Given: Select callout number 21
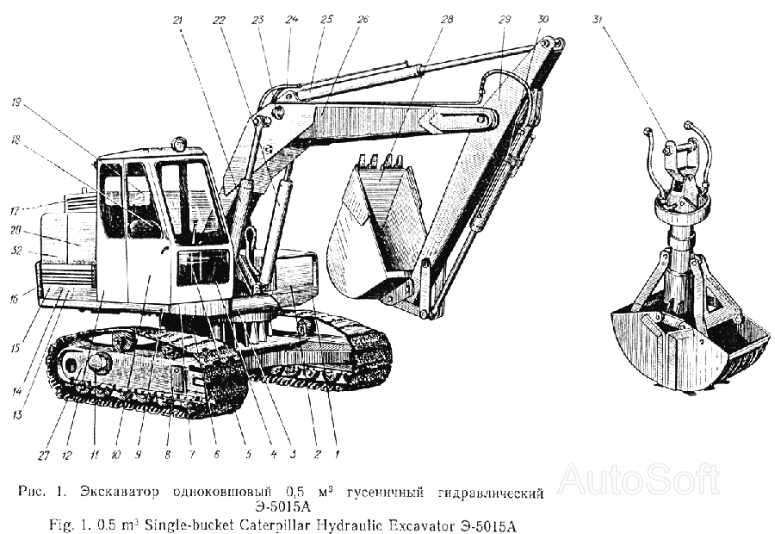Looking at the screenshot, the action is (x=178, y=21).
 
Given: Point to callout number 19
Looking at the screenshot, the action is (x=16, y=102).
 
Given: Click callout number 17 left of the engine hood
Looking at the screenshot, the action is (x=15, y=212).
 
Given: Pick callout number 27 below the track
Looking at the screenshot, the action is (x=44, y=455).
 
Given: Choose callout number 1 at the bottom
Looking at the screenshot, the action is (x=337, y=454).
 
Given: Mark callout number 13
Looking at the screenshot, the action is (x=18, y=414).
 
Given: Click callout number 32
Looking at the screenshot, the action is (x=17, y=251).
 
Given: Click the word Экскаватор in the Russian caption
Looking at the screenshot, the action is (x=119, y=493).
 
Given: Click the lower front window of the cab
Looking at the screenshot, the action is (x=203, y=268).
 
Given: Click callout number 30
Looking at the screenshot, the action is (x=542, y=19).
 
